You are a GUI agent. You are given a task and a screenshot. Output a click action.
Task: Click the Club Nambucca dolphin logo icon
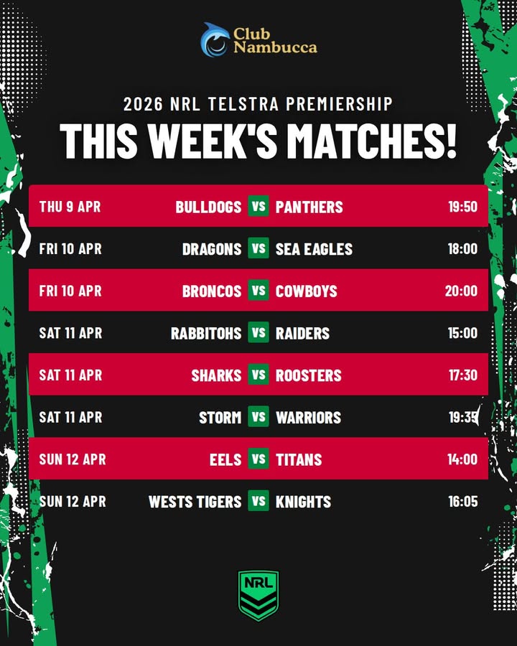[x=215, y=40]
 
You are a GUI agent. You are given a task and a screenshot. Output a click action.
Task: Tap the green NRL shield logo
[x=258, y=594]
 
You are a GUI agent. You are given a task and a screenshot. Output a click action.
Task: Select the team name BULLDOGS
[x=208, y=207]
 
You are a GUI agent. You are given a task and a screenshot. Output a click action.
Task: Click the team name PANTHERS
[x=309, y=207]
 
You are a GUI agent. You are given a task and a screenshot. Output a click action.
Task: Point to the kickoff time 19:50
[x=462, y=207]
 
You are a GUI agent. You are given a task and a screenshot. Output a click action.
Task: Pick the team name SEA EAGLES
[x=314, y=249]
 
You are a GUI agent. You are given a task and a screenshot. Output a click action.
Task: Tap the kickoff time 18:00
[x=462, y=249]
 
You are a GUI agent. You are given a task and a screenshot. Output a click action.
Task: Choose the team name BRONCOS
[x=212, y=291]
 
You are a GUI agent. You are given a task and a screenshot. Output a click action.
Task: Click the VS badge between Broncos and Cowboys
[x=258, y=291]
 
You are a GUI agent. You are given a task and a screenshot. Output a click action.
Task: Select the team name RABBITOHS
[x=206, y=333]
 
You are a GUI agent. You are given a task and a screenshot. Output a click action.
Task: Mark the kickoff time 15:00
[x=462, y=333]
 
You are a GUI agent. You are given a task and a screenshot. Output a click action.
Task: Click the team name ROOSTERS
[x=309, y=375]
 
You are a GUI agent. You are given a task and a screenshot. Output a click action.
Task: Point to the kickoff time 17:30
[x=462, y=375]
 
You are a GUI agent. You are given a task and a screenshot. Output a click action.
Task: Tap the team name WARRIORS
[x=308, y=417]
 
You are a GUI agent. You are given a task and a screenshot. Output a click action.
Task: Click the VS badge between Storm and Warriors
[x=258, y=416]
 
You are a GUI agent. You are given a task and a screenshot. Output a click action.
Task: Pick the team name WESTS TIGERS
[x=195, y=502]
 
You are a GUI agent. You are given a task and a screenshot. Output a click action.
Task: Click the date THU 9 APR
[x=70, y=207]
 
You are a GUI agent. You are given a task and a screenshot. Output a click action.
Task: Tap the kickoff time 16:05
[x=462, y=502]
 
